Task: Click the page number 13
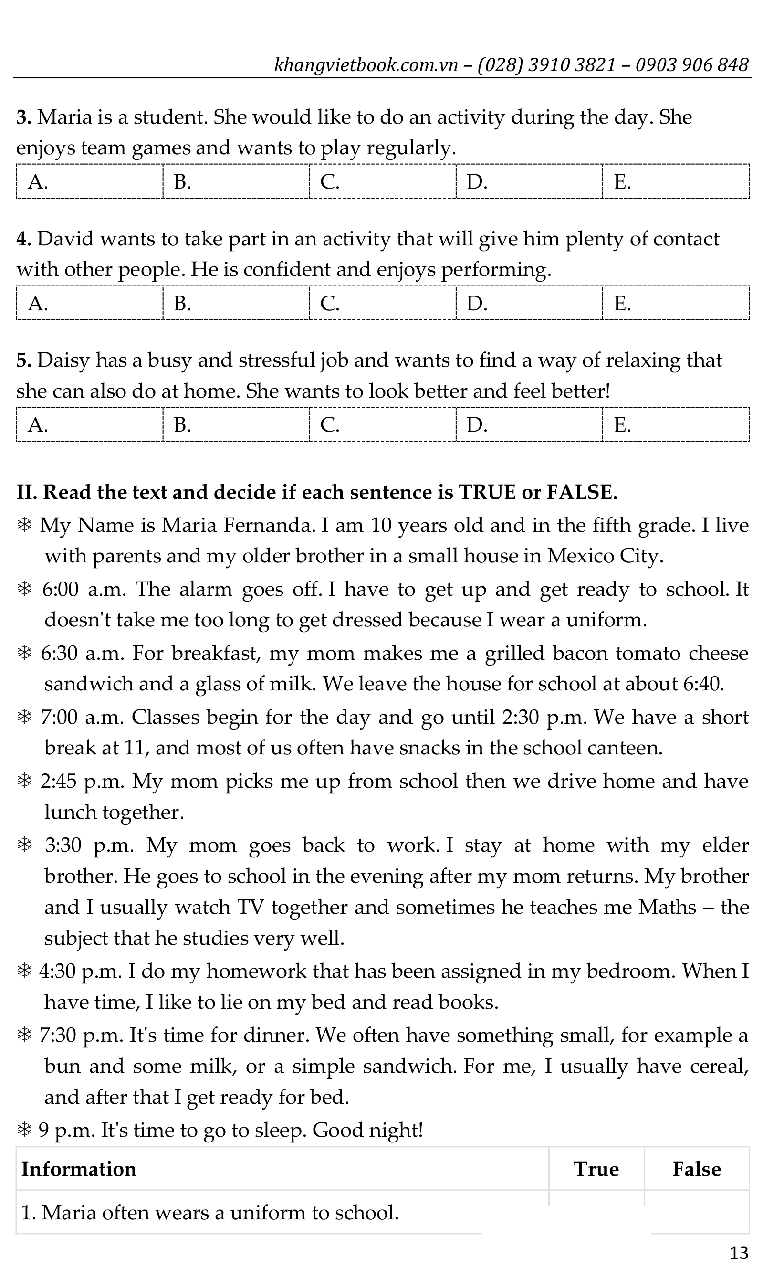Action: [x=739, y=1252]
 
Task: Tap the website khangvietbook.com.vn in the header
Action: [x=366, y=65]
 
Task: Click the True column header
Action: [x=596, y=1169]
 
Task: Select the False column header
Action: [x=696, y=1169]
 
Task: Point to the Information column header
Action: [x=79, y=1169]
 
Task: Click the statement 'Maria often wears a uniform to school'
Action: [x=210, y=1213]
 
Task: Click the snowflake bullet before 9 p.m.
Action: [x=24, y=1131]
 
